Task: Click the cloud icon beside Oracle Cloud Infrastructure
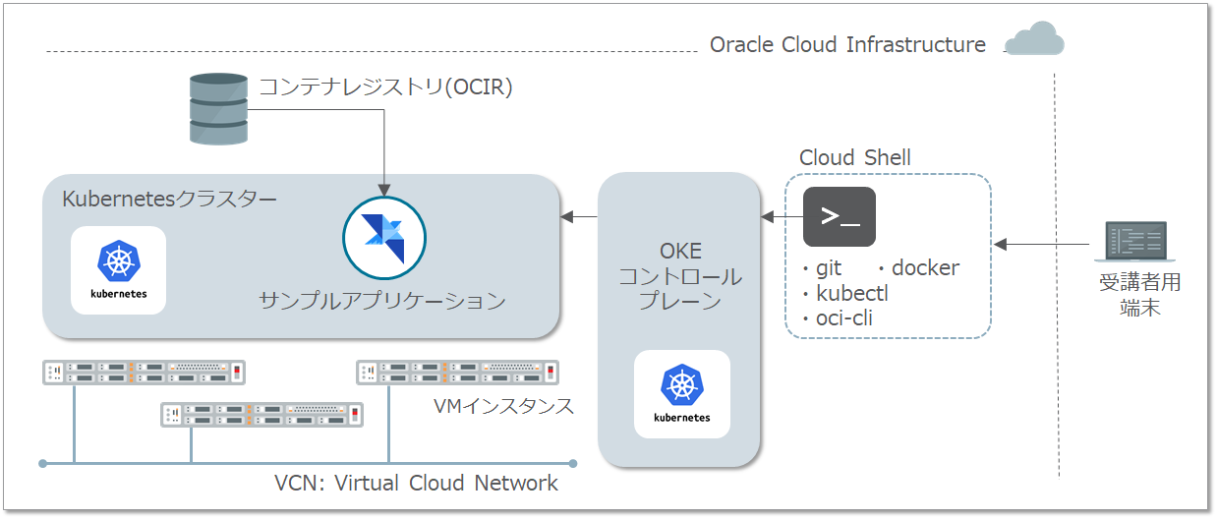(x=1034, y=39)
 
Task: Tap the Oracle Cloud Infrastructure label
(x=847, y=45)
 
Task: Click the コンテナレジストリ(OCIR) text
(x=385, y=87)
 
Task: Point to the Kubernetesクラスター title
(x=169, y=200)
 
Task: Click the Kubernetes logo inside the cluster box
(x=119, y=269)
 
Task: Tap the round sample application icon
(x=384, y=238)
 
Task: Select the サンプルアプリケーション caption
(x=382, y=300)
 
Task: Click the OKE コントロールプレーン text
(x=679, y=276)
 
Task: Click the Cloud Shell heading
(x=854, y=158)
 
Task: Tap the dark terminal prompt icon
(x=840, y=216)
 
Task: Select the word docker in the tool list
(x=925, y=267)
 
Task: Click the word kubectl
(x=852, y=293)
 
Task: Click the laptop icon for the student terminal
(x=1137, y=244)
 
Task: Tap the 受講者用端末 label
(x=1139, y=295)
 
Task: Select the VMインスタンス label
(x=503, y=406)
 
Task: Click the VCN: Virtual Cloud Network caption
(x=416, y=483)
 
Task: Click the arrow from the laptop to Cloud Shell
(x=1044, y=243)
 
